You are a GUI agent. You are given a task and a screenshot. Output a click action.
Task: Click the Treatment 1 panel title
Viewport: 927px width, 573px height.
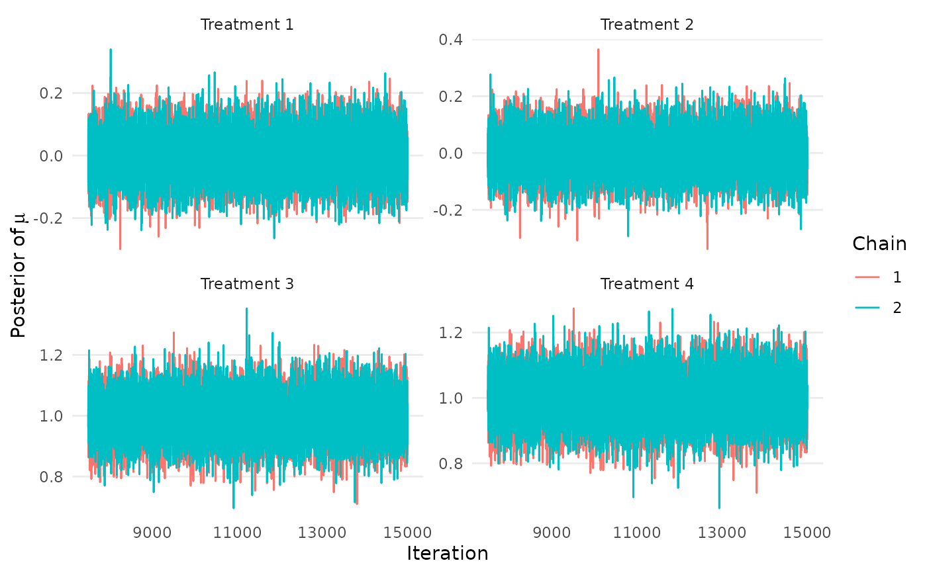pos(247,25)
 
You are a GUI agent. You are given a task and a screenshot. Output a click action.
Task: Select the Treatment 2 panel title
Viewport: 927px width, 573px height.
pos(647,25)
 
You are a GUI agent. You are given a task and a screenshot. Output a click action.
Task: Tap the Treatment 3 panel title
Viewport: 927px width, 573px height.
pos(247,284)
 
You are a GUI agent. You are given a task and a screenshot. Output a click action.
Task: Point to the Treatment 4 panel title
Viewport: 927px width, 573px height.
pos(647,284)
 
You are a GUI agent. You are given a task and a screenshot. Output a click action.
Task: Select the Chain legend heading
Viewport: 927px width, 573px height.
pos(879,243)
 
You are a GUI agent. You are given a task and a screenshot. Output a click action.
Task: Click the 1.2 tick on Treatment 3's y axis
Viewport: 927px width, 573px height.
pos(58,355)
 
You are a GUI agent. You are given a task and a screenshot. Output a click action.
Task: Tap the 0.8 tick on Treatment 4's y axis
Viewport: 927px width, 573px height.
pos(458,464)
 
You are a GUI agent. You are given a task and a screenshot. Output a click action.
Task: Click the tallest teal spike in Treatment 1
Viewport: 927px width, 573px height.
pos(111,50)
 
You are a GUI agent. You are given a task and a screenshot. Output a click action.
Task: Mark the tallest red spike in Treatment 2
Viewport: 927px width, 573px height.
pos(598,50)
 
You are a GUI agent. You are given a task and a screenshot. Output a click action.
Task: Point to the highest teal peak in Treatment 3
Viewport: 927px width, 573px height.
pos(246,309)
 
